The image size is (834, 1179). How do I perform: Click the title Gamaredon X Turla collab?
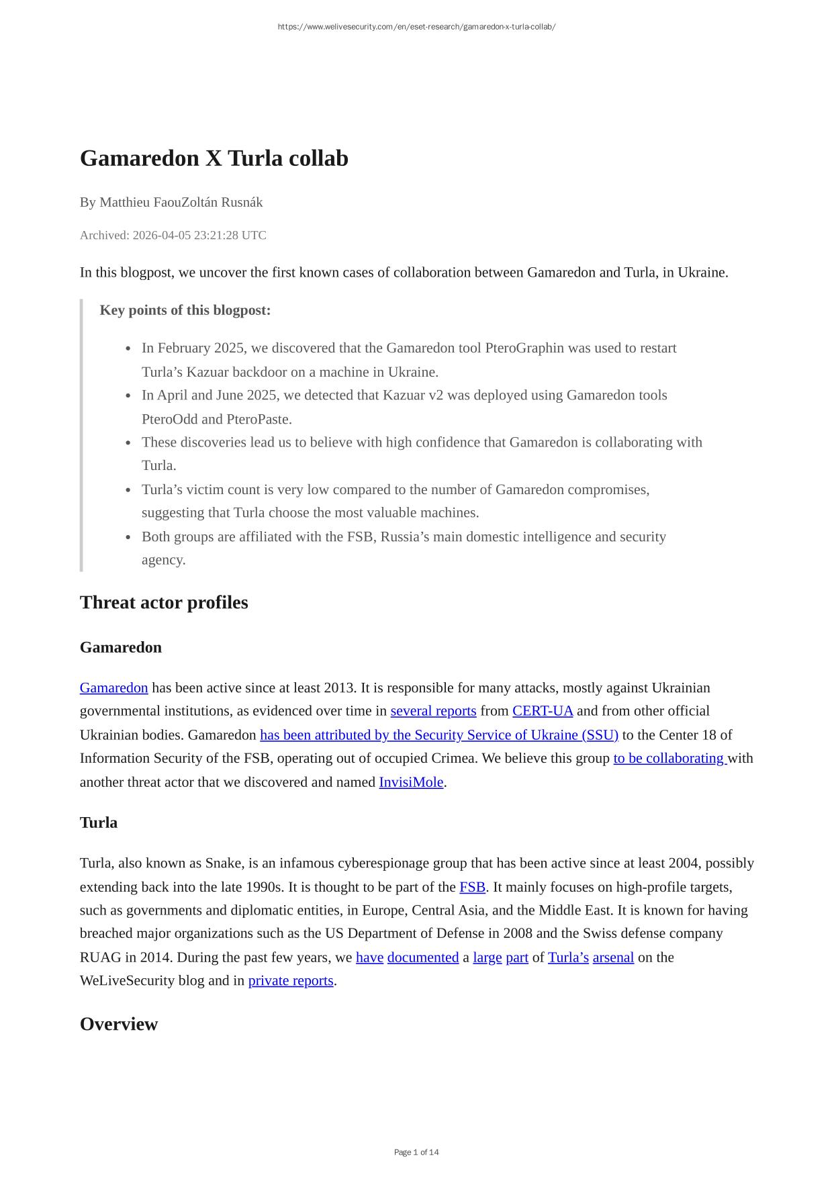[x=214, y=158]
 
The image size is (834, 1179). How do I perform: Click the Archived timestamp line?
[x=173, y=235]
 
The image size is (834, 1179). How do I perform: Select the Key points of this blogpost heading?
[x=185, y=310]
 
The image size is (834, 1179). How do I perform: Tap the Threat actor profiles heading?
[x=164, y=602]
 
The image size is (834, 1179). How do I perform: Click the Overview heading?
[x=119, y=1024]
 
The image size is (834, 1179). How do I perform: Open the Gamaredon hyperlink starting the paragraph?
[x=113, y=688]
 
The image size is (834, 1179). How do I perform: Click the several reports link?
[x=433, y=711]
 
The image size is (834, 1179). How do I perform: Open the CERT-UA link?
[x=543, y=711]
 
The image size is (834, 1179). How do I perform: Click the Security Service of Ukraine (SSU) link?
[x=439, y=735]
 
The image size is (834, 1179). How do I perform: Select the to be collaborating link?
[x=669, y=758]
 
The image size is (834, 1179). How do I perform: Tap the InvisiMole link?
[x=411, y=782]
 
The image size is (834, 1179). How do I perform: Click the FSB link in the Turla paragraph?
[x=472, y=887]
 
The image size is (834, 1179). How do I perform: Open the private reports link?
[x=291, y=980]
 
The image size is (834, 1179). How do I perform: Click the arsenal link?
[x=613, y=957]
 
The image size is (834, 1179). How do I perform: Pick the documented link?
[x=423, y=957]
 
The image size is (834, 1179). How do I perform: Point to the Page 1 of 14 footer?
[x=416, y=1152]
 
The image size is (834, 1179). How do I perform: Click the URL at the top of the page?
[x=416, y=27]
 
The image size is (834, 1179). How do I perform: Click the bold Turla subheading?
[x=99, y=822]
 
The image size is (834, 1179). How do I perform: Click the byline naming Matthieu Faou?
[x=171, y=202]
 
